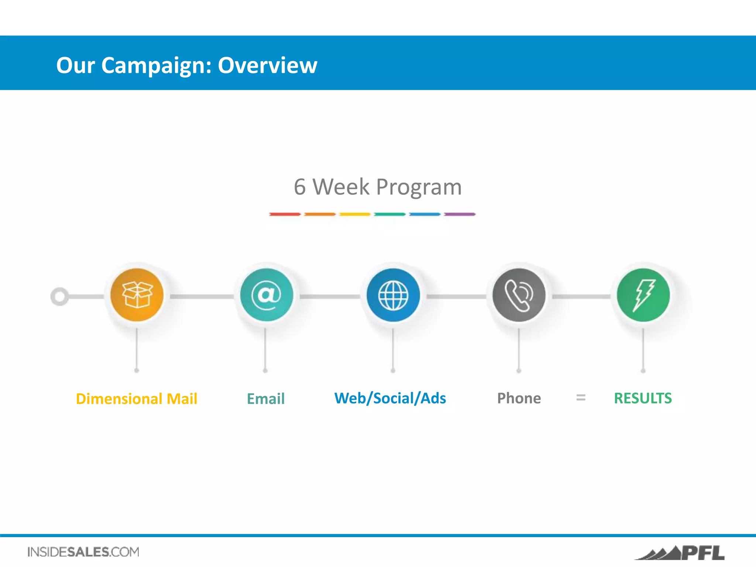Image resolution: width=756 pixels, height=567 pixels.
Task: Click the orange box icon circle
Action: pyautogui.click(x=137, y=295)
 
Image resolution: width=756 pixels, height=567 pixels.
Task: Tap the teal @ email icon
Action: pyautogui.click(x=267, y=295)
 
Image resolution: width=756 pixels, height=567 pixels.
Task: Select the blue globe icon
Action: pyautogui.click(x=393, y=295)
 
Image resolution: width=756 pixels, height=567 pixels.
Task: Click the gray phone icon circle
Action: pyautogui.click(x=519, y=295)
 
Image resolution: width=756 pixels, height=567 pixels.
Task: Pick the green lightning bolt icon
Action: pyautogui.click(x=643, y=295)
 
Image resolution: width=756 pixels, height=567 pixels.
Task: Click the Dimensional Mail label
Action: pyautogui.click(x=137, y=399)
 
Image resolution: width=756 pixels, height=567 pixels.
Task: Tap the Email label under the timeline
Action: pyautogui.click(x=266, y=399)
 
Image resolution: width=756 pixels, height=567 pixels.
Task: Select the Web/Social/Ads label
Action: pyautogui.click(x=390, y=398)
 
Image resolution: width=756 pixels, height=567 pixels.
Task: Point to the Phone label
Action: pyautogui.click(x=519, y=398)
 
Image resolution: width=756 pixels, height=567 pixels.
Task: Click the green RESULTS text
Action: pyautogui.click(x=643, y=398)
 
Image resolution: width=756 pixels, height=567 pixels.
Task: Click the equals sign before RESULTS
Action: pyautogui.click(x=581, y=398)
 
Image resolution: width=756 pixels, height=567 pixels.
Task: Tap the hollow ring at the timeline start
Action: pyautogui.click(x=59, y=296)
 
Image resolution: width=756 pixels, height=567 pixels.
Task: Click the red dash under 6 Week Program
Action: pyautogui.click(x=285, y=214)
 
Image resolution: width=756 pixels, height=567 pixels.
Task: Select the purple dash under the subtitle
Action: pyautogui.click(x=460, y=214)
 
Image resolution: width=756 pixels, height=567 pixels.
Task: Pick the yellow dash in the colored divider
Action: pyautogui.click(x=355, y=214)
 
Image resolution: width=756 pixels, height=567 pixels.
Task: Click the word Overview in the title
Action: pyautogui.click(x=267, y=65)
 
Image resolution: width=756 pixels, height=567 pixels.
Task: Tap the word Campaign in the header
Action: pyautogui.click(x=157, y=65)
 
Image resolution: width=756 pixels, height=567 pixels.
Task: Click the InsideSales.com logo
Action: pyautogui.click(x=83, y=552)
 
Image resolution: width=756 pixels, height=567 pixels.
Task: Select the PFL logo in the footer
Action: pyautogui.click(x=680, y=553)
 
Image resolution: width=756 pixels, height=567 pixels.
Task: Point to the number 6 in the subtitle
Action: pyautogui.click(x=300, y=187)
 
